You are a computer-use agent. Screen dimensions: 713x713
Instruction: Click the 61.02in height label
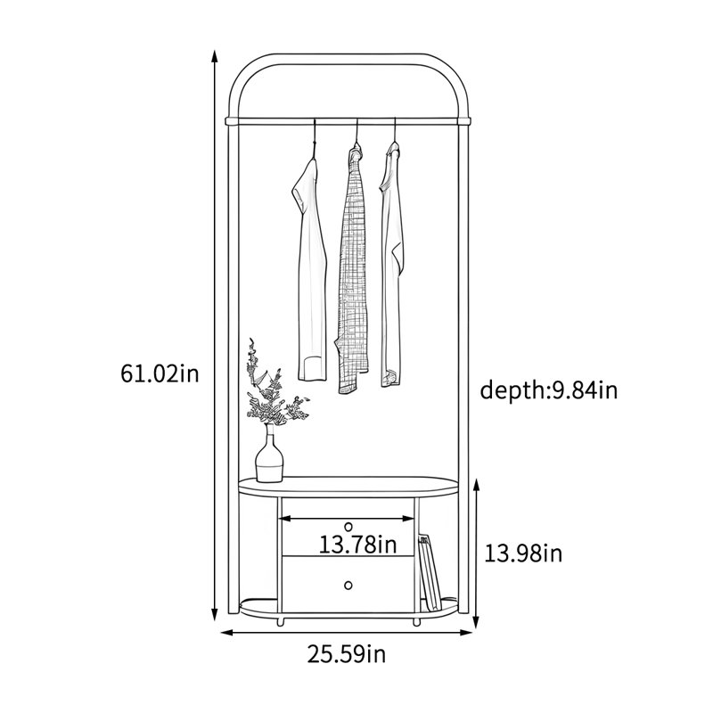coord(160,373)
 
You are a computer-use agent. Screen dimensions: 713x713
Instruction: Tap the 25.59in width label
coord(347,654)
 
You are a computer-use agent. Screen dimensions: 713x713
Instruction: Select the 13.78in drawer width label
coord(357,544)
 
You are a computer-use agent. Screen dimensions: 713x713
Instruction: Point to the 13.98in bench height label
coord(523,553)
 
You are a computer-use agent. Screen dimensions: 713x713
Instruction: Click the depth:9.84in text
coord(549,390)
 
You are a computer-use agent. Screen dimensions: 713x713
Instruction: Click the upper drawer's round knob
coord(348,527)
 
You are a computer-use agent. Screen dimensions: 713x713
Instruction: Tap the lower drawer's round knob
coord(348,585)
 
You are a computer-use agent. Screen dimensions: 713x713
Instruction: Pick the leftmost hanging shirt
coord(310,268)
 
